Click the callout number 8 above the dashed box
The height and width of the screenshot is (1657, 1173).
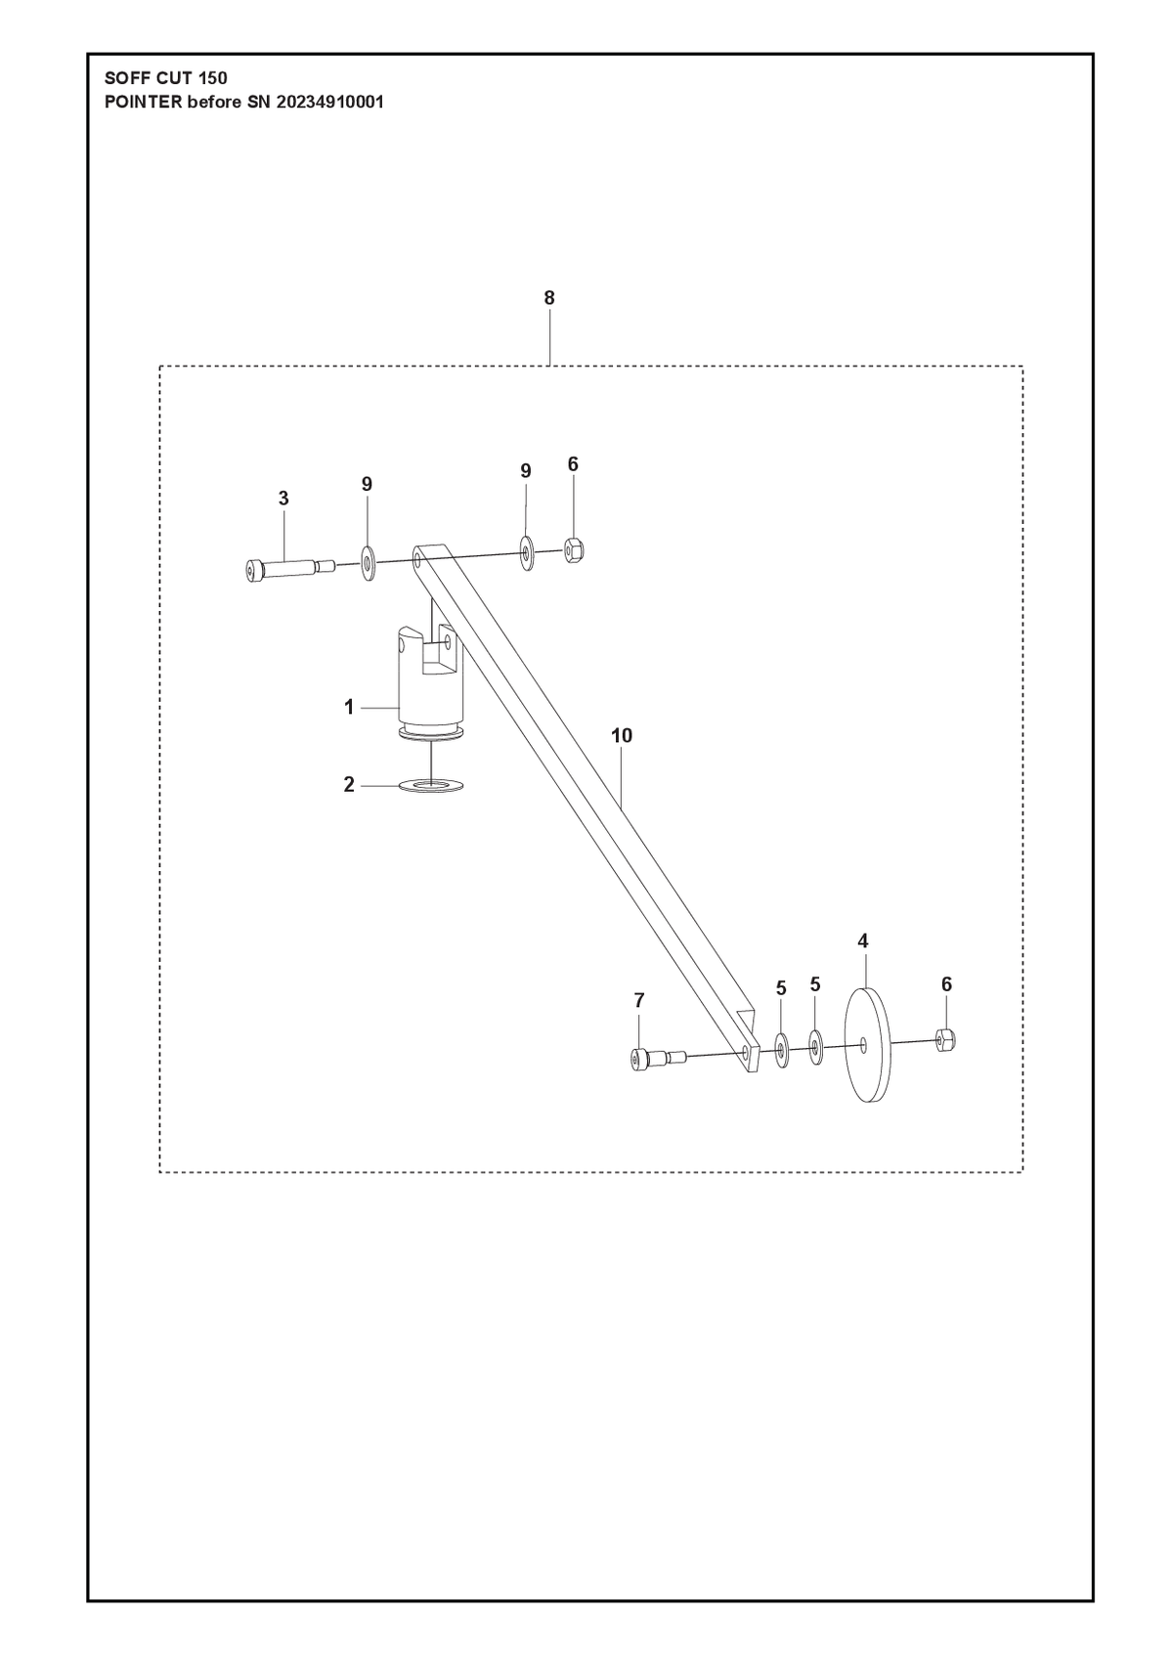548,298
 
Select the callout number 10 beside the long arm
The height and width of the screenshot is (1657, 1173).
622,736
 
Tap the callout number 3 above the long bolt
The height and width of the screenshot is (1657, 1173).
283,499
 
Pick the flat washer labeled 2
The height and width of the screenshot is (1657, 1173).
431,785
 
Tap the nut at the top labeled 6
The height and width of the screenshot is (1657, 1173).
573,550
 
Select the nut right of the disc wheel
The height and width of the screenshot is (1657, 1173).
946,1041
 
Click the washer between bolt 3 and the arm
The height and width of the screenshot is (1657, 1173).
368,564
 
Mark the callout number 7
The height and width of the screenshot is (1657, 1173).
639,1001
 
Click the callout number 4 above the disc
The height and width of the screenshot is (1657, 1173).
862,941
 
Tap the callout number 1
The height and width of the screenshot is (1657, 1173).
349,707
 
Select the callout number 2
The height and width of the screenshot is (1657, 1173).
349,784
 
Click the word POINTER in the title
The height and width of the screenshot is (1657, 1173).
144,102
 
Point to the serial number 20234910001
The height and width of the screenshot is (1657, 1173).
329,102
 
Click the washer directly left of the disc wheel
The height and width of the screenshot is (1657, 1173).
816,1047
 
